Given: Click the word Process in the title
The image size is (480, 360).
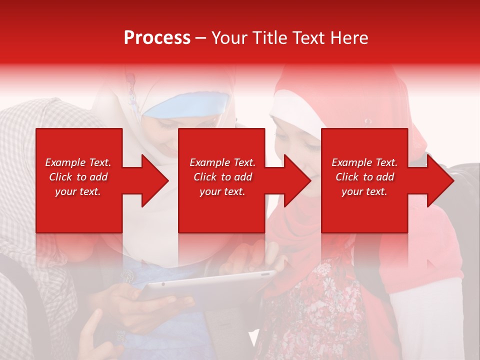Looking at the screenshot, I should point(157,38).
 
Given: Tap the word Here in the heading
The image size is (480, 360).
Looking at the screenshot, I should point(348,38).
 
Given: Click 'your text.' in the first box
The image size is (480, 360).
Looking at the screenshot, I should point(78,191).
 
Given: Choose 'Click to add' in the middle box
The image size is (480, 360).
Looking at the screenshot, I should point(222,177).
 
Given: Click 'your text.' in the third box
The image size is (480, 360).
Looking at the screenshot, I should point(364,191).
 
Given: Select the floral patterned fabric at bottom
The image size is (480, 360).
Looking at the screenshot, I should point(320,310).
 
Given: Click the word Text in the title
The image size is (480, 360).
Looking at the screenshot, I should point(309,38).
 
